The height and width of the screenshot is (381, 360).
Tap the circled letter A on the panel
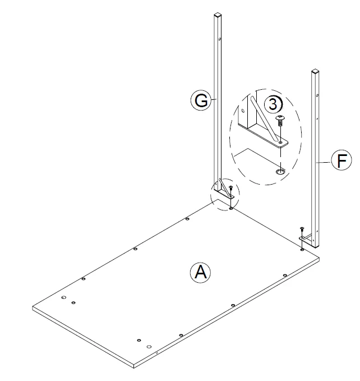[x=200, y=273]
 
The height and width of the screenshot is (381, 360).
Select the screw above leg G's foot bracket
[x=231, y=189]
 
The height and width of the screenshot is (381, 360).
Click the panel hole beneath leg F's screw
[x=302, y=249]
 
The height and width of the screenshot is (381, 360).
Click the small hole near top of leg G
[x=220, y=40]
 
